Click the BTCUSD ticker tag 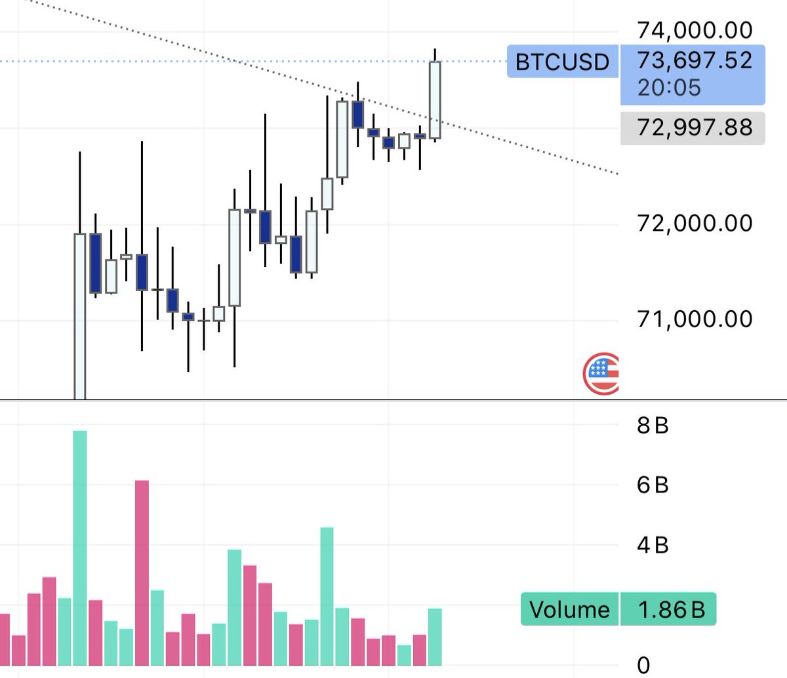point(562,62)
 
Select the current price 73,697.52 point(694,60)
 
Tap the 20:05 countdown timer point(669,87)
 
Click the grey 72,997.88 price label point(694,127)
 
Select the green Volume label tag point(569,610)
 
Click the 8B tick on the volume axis point(653,426)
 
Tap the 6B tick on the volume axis point(653,485)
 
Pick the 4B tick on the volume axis point(653,545)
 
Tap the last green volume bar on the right point(435,637)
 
